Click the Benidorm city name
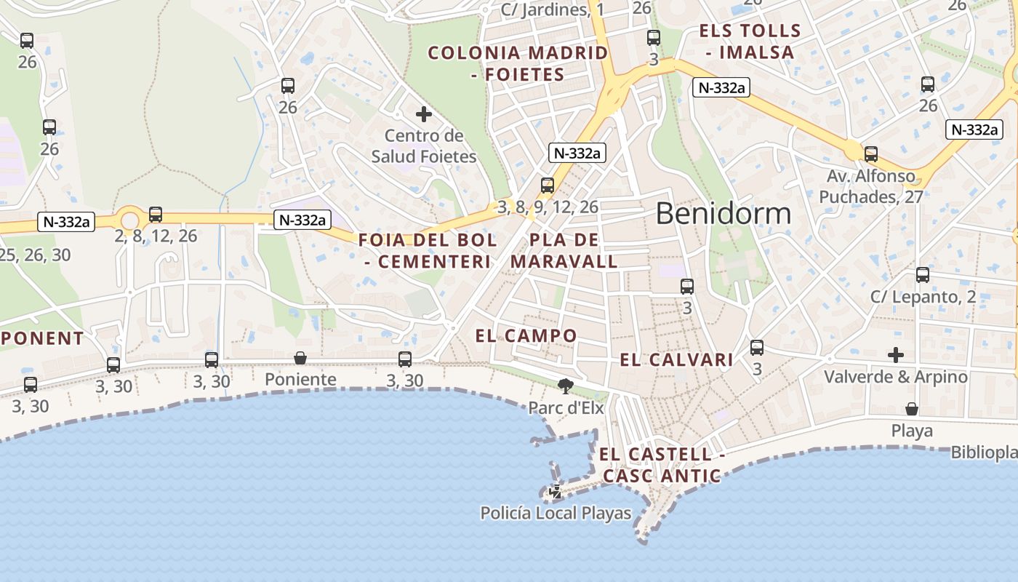click(x=723, y=213)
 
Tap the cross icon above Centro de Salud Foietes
click(x=423, y=114)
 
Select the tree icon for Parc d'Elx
click(x=565, y=386)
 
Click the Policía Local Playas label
click(x=556, y=513)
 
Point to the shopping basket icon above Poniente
click(x=300, y=358)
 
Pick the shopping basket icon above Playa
click(x=911, y=409)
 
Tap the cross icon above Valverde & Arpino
click(x=896, y=355)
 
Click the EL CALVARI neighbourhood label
click(x=676, y=359)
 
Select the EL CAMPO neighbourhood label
click(x=526, y=336)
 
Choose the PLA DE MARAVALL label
click(x=564, y=250)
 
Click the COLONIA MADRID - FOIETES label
click(x=517, y=63)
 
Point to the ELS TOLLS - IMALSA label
click(x=750, y=41)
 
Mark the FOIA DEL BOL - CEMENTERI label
click(x=428, y=250)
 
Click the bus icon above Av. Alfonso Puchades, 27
click(x=870, y=154)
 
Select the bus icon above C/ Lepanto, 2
click(x=923, y=275)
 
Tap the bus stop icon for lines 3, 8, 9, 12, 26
click(x=548, y=186)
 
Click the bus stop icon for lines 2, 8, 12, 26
click(x=155, y=215)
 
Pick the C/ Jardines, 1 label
click(x=552, y=9)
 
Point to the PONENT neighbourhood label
click(x=42, y=338)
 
